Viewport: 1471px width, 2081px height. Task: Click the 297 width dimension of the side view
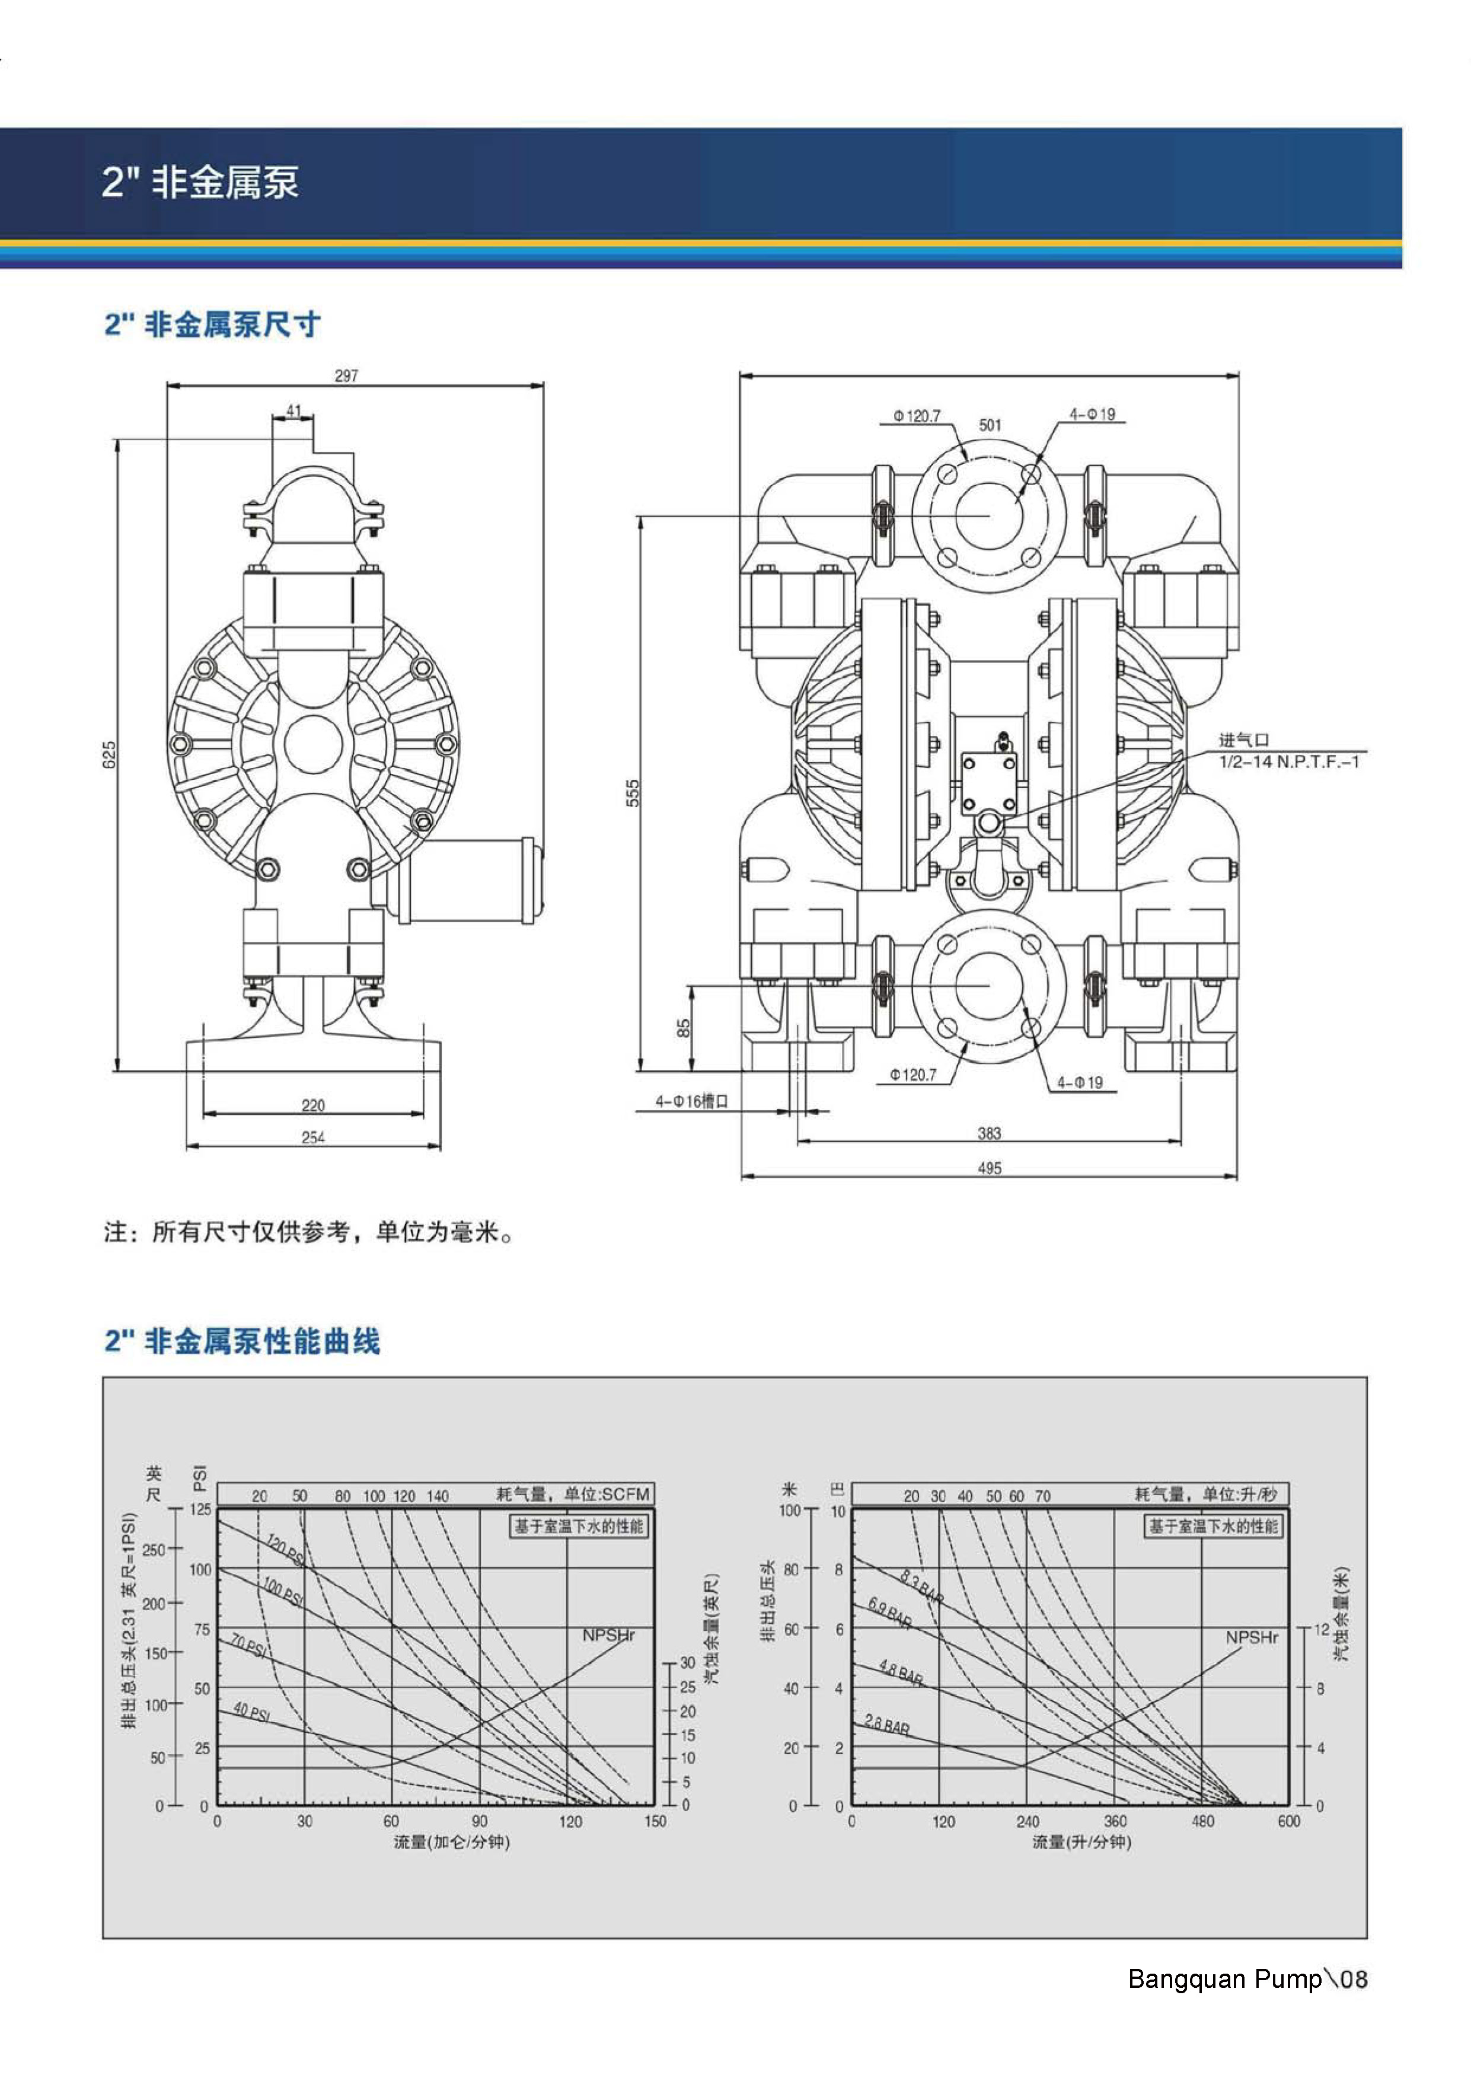[346, 375]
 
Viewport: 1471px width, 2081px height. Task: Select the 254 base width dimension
[312, 1137]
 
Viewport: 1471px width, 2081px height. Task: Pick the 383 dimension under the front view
[989, 1133]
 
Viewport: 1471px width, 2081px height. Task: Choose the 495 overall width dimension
[989, 1168]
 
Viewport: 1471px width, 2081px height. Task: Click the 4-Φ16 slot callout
[691, 1101]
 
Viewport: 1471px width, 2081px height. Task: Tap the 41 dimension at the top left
[293, 410]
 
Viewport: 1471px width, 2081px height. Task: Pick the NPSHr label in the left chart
[608, 1635]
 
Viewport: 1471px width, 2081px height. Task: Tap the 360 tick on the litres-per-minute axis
[1115, 1821]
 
